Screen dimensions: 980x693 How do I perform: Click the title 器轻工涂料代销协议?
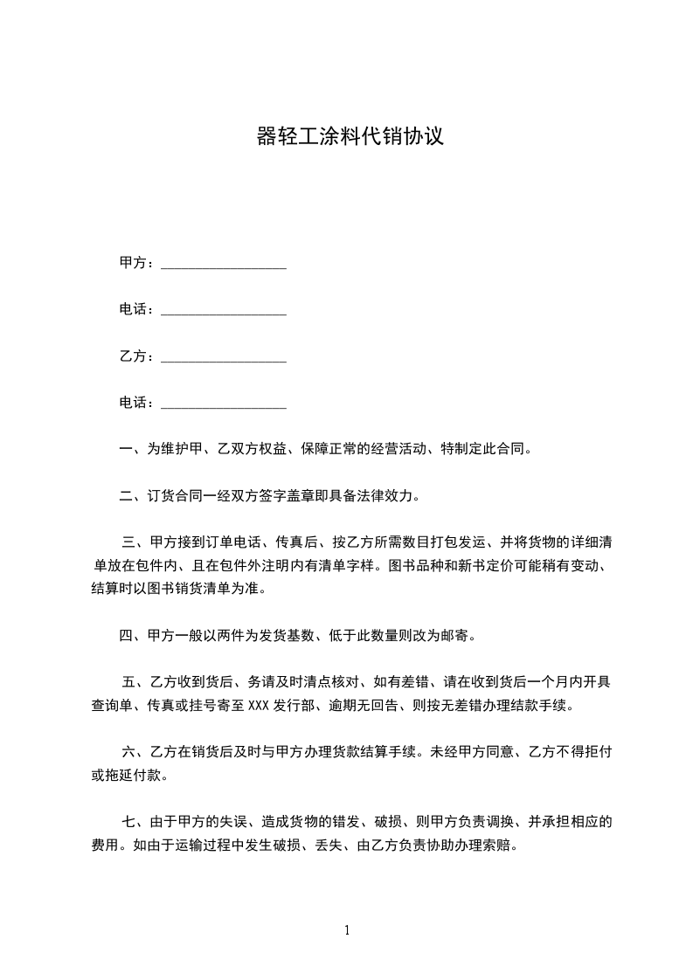coord(350,137)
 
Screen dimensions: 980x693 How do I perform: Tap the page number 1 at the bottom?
coord(347,930)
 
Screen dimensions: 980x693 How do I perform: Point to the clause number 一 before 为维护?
coord(126,450)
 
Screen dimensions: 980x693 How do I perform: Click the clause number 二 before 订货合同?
coord(126,498)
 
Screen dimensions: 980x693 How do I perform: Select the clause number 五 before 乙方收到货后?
coord(128,682)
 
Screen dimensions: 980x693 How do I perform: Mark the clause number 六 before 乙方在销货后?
coord(128,750)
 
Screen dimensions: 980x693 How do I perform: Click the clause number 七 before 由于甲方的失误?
coord(128,822)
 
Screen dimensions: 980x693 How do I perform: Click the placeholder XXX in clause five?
coord(260,705)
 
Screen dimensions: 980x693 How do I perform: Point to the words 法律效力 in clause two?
coord(392,498)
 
